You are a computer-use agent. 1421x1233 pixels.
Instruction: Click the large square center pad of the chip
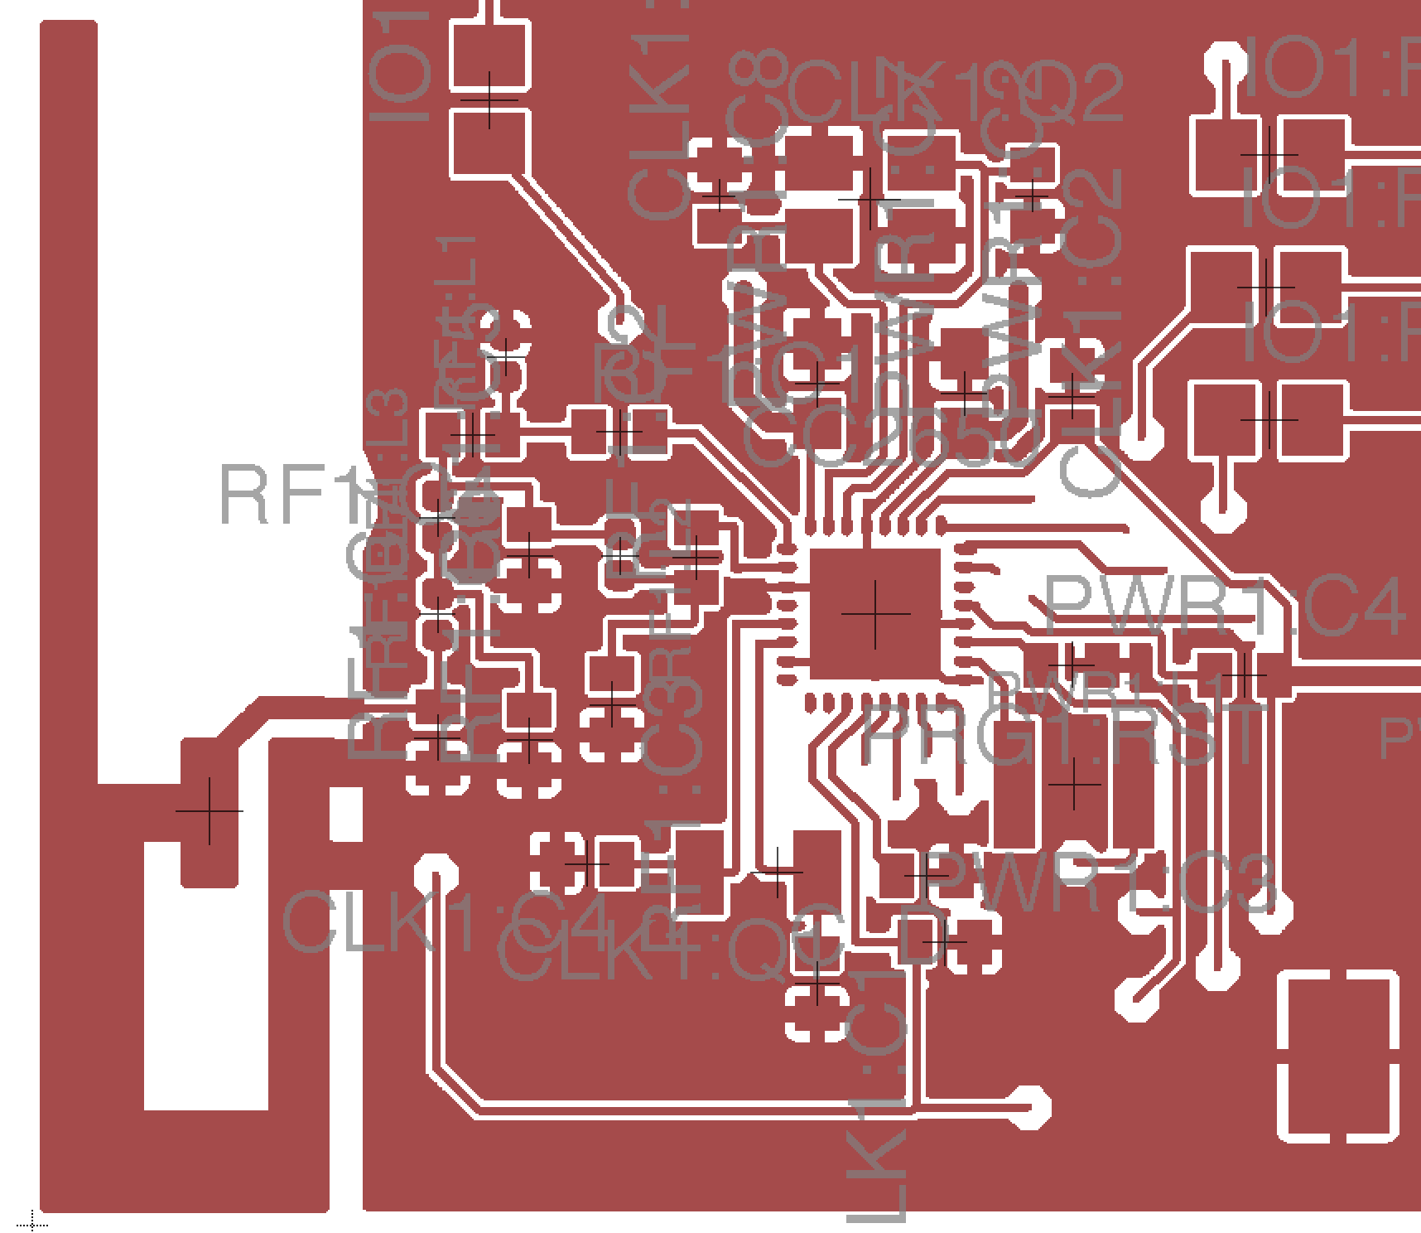875,613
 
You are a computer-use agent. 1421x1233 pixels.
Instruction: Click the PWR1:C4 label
1224,607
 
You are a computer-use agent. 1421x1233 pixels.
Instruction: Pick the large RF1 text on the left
282,496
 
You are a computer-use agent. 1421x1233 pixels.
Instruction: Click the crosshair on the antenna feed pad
210,811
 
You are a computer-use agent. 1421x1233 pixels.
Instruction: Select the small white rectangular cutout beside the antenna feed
346,814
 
